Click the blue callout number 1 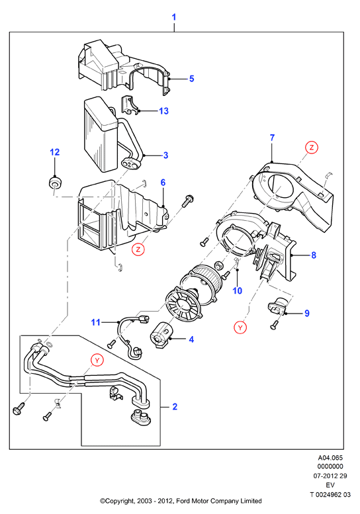click(x=174, y=17)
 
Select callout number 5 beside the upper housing click(x=192, y=79)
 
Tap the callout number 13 click(x=163, y=110)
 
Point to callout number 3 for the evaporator click(x=166, y=155)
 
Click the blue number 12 click(x=55, y=152)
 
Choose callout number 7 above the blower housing click(x=272, y=138)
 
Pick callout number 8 click(x=314, y=255)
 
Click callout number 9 click(x=307, y=314)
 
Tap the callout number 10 click(x=238, y=290)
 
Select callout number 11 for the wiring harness click(x=95, y=323)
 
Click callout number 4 click(x=191, y=339)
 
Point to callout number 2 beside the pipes click(x=175, y=406)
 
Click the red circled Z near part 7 click(x=312, y=148)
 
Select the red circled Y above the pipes click(x=97, y=361)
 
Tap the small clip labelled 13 click(x=130, y=106)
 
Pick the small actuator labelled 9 click(x=277, y=306)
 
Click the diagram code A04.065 click(x=330, y=458)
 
